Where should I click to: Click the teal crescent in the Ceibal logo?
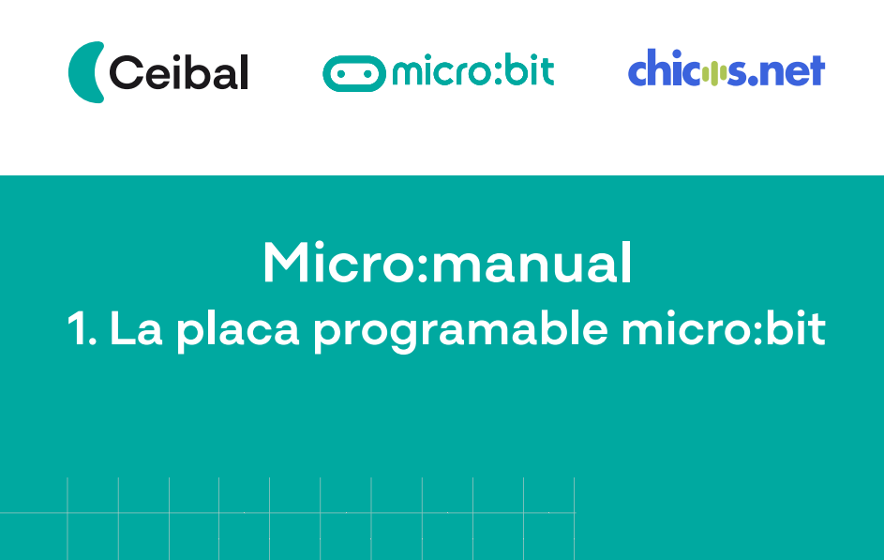pos(81,72)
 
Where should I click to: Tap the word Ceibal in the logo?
pos(179,72)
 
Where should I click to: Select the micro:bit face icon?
pos(354,73)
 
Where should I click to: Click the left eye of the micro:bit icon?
pos(340,73)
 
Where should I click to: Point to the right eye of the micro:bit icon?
pos(367,73)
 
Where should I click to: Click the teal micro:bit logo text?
pos(473,70)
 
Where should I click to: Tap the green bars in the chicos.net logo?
pos(714,74)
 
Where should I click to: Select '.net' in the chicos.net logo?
pos(787,71)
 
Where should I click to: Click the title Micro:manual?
pos(447,263)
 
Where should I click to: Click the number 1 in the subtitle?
pos(76,328)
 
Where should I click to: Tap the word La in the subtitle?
pos(136,328)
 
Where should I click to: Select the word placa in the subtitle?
pos(237,332)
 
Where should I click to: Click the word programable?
pos(460,332)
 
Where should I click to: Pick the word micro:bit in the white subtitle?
pos(724,328)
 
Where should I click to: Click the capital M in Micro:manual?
pos(288,263)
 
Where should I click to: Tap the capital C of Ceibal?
pos(127,72)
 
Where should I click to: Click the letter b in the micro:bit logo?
pos(514,70)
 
